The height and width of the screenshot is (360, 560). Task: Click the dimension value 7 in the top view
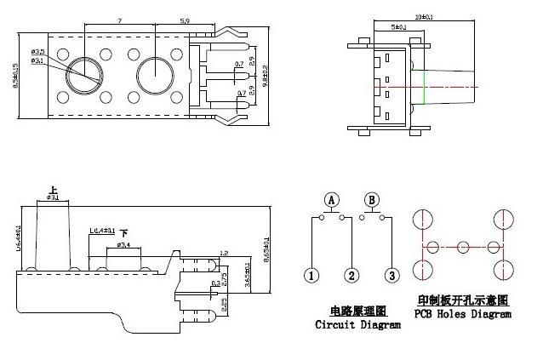click(x=120, y=19)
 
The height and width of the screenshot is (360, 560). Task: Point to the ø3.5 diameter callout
click(x=37, y=53)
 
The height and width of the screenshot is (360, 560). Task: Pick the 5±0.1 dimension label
click(x=397, y=28)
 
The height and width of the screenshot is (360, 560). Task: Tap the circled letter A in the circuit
click(x=333, y=200)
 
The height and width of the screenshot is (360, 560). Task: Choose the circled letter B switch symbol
click(x=371, y=200)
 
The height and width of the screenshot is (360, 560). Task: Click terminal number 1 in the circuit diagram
click(x=312, y=276)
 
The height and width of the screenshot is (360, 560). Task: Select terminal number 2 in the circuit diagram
click(x=351, y=276)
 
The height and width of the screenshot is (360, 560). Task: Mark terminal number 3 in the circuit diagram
click(x=391, y=276)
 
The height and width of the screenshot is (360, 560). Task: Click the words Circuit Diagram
click(x=357, y=325)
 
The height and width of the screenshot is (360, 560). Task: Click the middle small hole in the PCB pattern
click(x=463, y=247)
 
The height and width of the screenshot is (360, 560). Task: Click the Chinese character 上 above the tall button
click(x=54, y=189)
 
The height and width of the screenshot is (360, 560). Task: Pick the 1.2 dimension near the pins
click(x=224, y=253)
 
